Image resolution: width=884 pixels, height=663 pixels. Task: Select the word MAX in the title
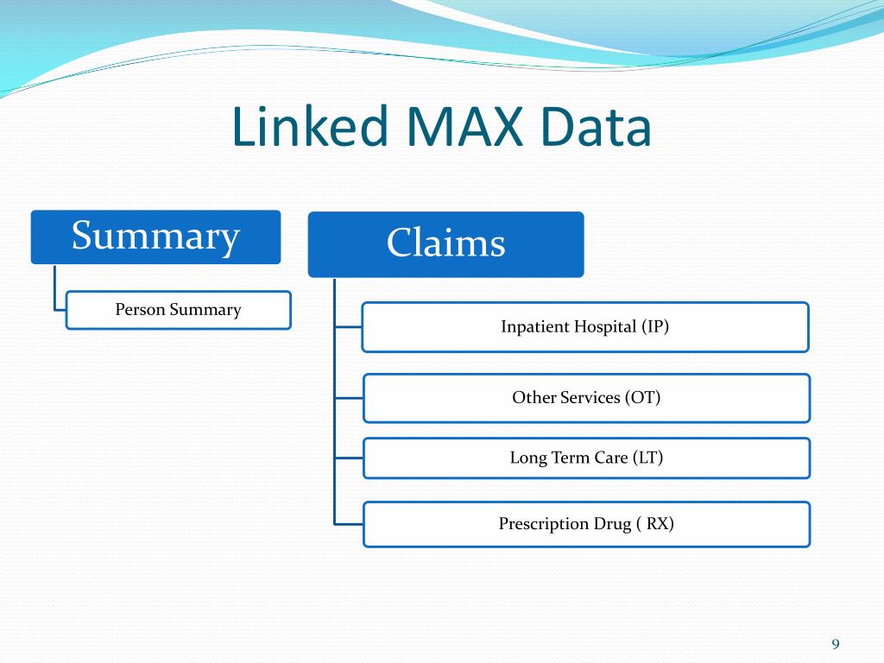pos(462,126)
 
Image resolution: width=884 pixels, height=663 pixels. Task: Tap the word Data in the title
pos(597,126)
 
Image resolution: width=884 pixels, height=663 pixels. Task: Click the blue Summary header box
pos(155,237)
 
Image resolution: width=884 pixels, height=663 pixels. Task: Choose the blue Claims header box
pos(445,243)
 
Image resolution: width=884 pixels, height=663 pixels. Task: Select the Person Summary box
pos(178,310)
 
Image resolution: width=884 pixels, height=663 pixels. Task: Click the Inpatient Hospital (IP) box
pos(584,326)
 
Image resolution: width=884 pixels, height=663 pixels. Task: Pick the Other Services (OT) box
pos(586,397)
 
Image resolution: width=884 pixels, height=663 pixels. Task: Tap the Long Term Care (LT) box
pos(586,458)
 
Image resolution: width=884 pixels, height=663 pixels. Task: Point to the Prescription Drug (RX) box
pos(586,524)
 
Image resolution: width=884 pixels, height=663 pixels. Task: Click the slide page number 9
pos(835,644)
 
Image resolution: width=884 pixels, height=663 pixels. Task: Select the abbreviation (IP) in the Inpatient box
pos(655,326)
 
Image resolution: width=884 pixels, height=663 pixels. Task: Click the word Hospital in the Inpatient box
pos(605,326)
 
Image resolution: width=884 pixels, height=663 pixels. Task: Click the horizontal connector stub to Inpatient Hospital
pos(348,326)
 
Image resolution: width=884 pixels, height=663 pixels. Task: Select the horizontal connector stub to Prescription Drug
pos(348,523)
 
